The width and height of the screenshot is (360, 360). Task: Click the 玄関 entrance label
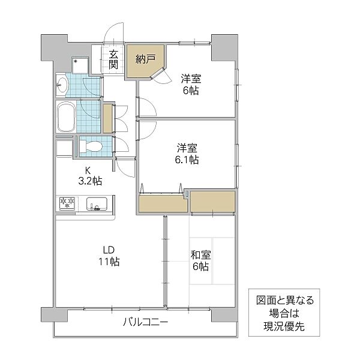pos(113,59)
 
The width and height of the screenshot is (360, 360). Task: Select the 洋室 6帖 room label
pos(191,84)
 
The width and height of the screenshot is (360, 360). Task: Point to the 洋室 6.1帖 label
pos(187,154)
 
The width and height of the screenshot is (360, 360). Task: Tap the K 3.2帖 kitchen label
pos(88,175)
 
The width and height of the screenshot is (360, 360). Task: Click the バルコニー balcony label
pos(145,322)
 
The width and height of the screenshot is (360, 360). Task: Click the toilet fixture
pos(91,146)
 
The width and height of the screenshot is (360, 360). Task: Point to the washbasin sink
pos(63,86)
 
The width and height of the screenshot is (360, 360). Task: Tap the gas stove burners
pos(65,204)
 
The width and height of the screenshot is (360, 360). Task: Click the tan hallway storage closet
pos(108,118)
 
